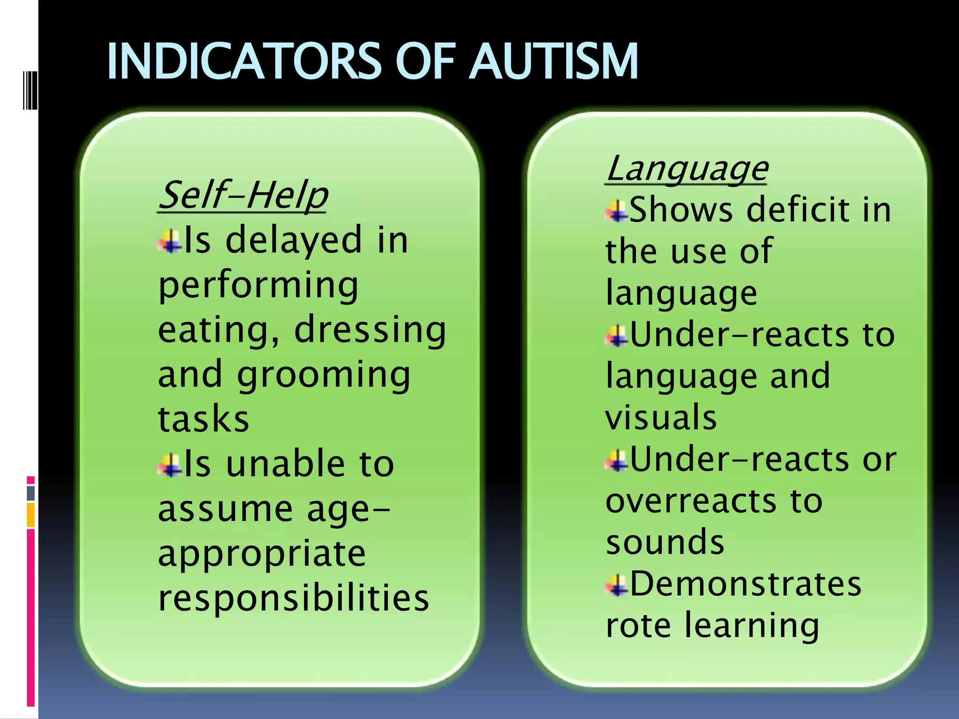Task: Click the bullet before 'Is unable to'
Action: [x=170, y=465]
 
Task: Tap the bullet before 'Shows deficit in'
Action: [x=617, y=211]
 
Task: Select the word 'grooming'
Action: [x=324, y=375]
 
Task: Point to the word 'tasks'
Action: [x=203, y=418]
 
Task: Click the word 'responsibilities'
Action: [x=294, y=598]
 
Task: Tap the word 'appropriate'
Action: [x=262, y=554]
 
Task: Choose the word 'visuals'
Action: [x=661, y=417]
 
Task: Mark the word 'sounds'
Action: [x=665, y=542]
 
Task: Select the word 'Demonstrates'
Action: [x=745, y=584]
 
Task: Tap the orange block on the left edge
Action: [x=31, y=515]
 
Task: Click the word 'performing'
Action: [x=258, y=285]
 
